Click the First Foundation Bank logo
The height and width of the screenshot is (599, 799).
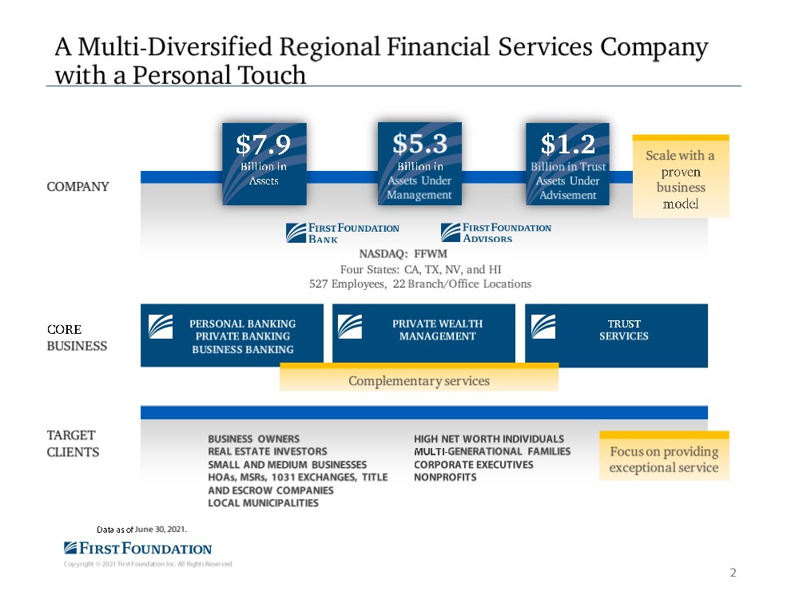pyautogui.click(x=343, y=232)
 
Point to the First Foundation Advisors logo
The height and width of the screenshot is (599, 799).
pyautogui.click(x=496, y=232)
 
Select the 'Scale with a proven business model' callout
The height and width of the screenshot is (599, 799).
pyautogui.click(x=681, y=180)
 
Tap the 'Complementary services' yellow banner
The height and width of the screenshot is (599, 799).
pyautogui.click(x=419, y=381)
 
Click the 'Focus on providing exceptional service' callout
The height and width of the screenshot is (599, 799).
pyautogui.click(x=664, y=460)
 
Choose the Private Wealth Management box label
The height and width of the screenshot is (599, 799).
pyautogui.click(x=437, y=330)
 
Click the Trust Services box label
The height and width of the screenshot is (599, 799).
pyautogui.click(x=624, y=330)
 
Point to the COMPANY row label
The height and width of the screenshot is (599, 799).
pyautogui.click(x=78, y=187)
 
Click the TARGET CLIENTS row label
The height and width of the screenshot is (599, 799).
pyautogui.click(x=73, y=444)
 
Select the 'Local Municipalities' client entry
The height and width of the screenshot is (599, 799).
pyautogui.click(x=263, y=503)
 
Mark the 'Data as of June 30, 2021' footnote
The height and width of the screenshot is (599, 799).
pyautogui.click(x=142, y=530)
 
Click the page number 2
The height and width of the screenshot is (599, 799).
pyautogui.click(x=733, y=573)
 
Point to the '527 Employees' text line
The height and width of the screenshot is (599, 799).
pyautogui.click(x=419, y=284)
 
